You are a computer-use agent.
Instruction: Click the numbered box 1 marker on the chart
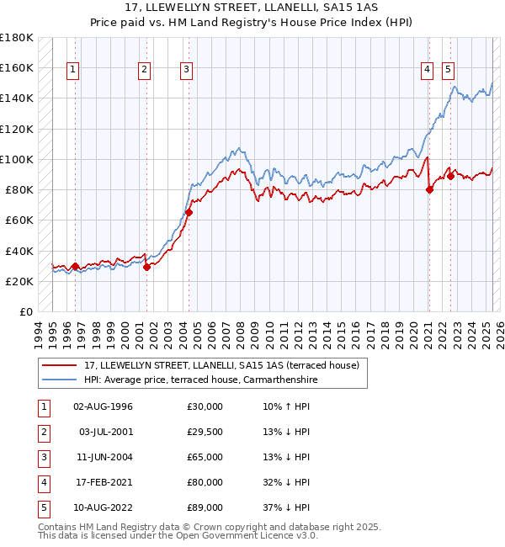pos(74,70)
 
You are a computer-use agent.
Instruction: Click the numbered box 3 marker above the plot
pos(186,70)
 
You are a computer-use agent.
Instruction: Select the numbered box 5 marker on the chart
pos(449,70)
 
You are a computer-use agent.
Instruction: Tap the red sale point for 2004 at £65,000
pos(189,213)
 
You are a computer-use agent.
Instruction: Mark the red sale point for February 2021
pos(429,189)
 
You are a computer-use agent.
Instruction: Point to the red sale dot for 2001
pos(146,267)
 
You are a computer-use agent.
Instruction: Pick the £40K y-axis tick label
pos(19,251)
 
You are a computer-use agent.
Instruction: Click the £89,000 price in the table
pos(205,507)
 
